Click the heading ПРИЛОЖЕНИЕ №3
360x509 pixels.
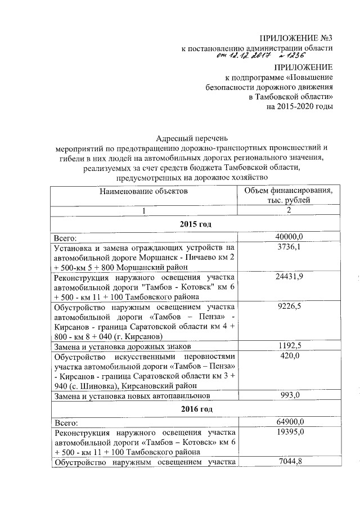coord(296,38)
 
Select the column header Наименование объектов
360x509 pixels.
coord(143,192)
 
